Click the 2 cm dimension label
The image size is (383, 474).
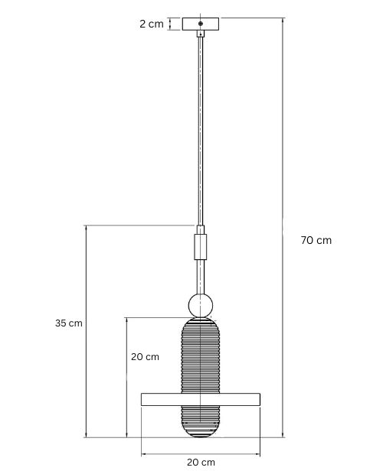(152, 24)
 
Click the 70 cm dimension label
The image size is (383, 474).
(316, 240)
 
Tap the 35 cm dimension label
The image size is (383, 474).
(69, 323)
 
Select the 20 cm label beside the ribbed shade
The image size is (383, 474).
(145, 357)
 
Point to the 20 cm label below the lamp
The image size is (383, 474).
(201, 463)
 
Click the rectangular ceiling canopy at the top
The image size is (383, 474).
(201, 24)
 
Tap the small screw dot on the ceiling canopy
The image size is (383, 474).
(201, 23)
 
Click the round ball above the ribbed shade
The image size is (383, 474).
(201, 305)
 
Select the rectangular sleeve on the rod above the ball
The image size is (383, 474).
(201, 247)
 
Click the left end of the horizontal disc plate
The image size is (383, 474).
(142, 399)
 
